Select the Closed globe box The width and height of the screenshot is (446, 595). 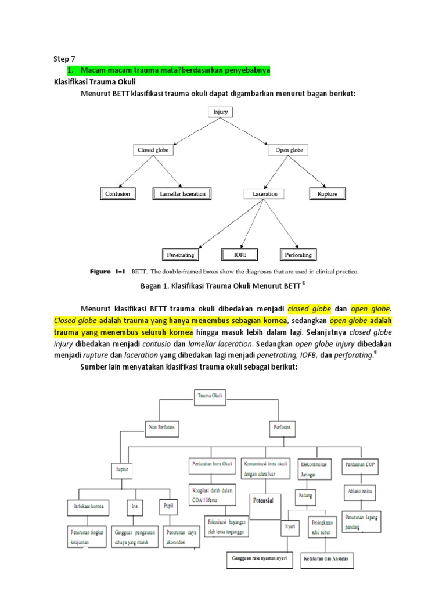(152, 150)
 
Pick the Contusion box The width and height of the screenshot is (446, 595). (117, 193)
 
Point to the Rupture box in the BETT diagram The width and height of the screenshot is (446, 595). (327, 193)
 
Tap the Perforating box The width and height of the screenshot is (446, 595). (297, 255)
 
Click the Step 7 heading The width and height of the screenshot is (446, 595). (64, 59)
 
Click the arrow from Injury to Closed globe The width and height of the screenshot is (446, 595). (180, 132)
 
